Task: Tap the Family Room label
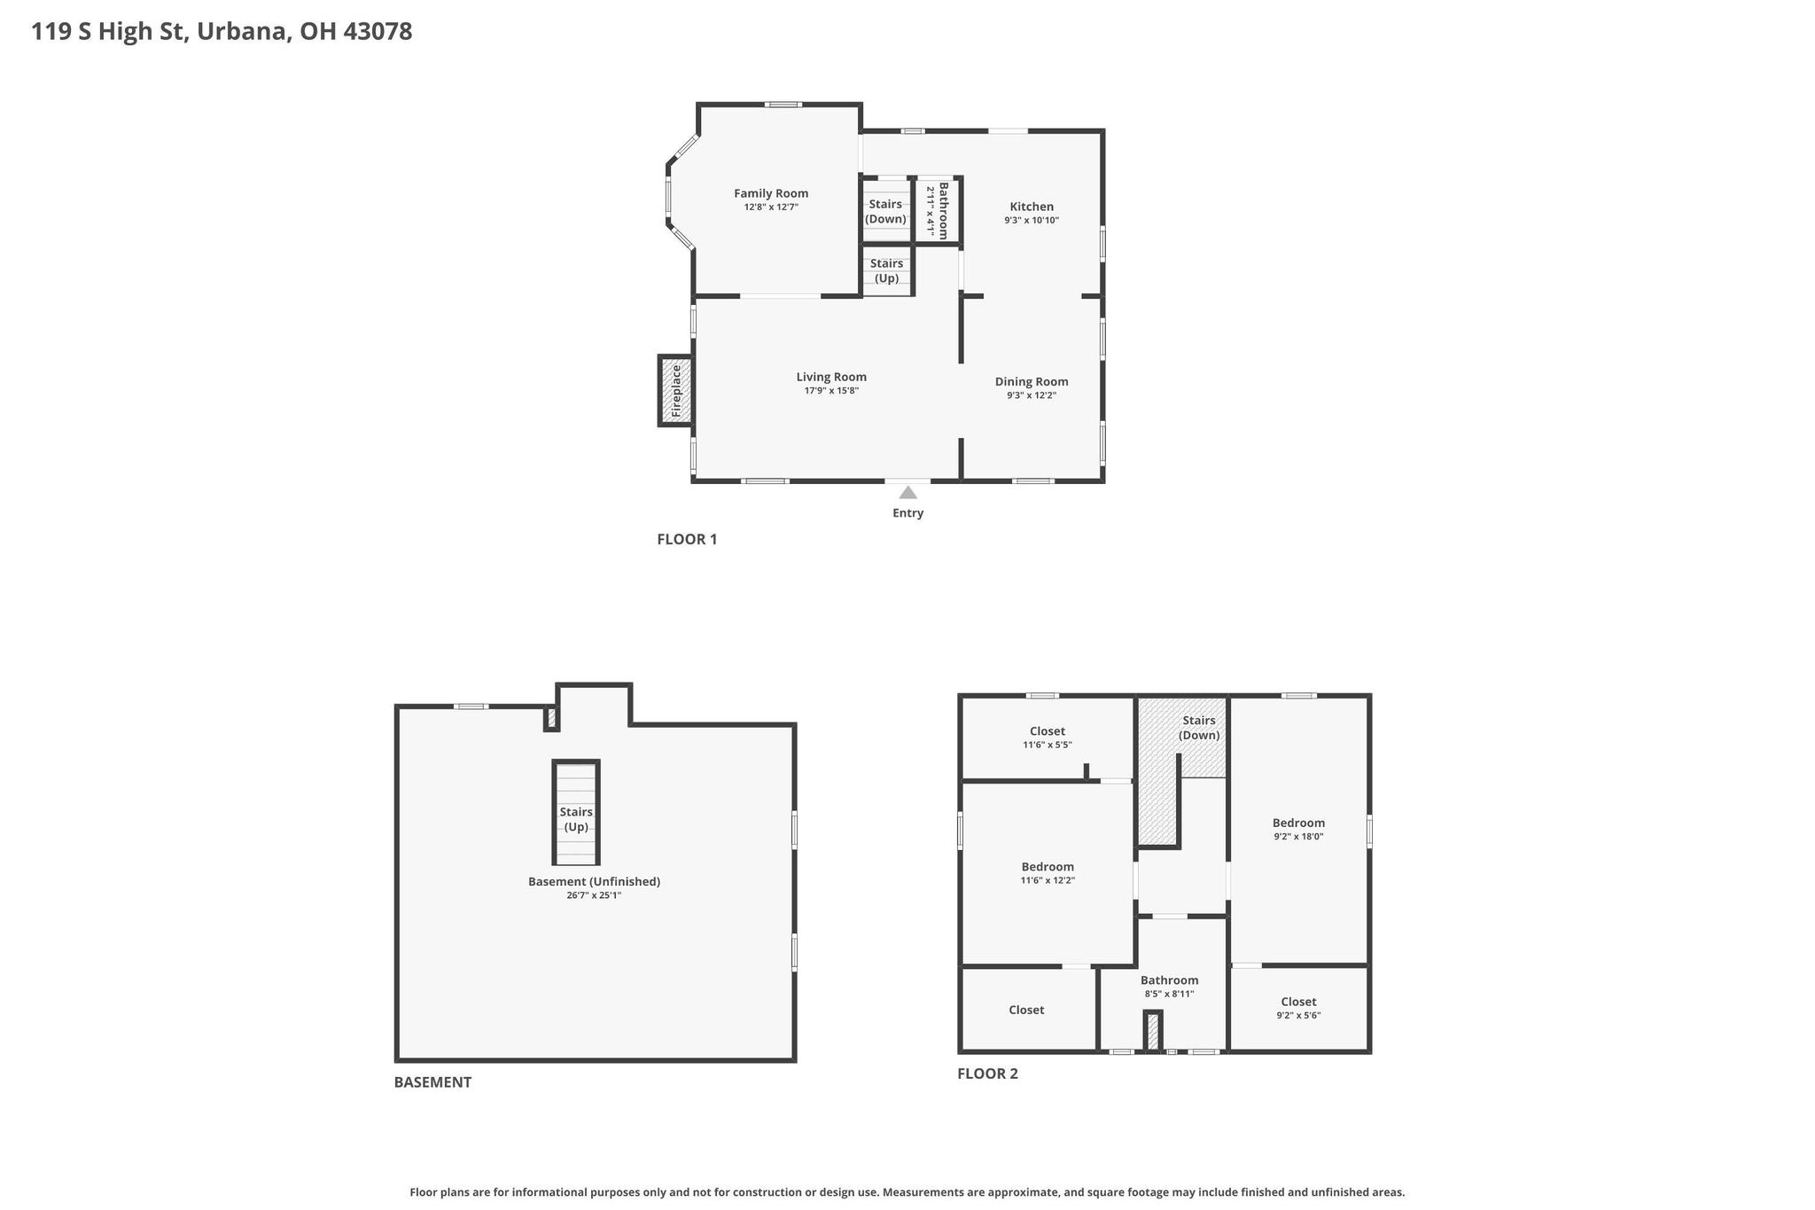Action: [771, 193]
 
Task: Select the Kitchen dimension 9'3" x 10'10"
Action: [1032, 221]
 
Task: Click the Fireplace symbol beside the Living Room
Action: [675, 390]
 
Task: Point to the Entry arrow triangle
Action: [907, 492]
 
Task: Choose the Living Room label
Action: [831, 377]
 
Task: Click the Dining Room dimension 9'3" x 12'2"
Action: [1032, 395]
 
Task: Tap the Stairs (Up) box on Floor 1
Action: [887, 270]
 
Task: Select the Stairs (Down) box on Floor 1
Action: [886, 211]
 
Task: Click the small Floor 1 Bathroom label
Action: [944, 210]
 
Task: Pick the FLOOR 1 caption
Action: [687, 539]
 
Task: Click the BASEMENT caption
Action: [432, 1082]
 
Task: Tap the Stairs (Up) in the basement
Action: [576, 813]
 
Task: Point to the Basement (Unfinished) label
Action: [594, 881]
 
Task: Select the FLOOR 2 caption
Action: [987, 1073]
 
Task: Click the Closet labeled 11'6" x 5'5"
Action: [1048, 731]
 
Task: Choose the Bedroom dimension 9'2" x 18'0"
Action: [1298, 836]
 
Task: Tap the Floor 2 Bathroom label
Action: [1169, 980]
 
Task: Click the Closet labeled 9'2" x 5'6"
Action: [1298, 1002]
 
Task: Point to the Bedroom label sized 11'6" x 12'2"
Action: [1048, 867]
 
